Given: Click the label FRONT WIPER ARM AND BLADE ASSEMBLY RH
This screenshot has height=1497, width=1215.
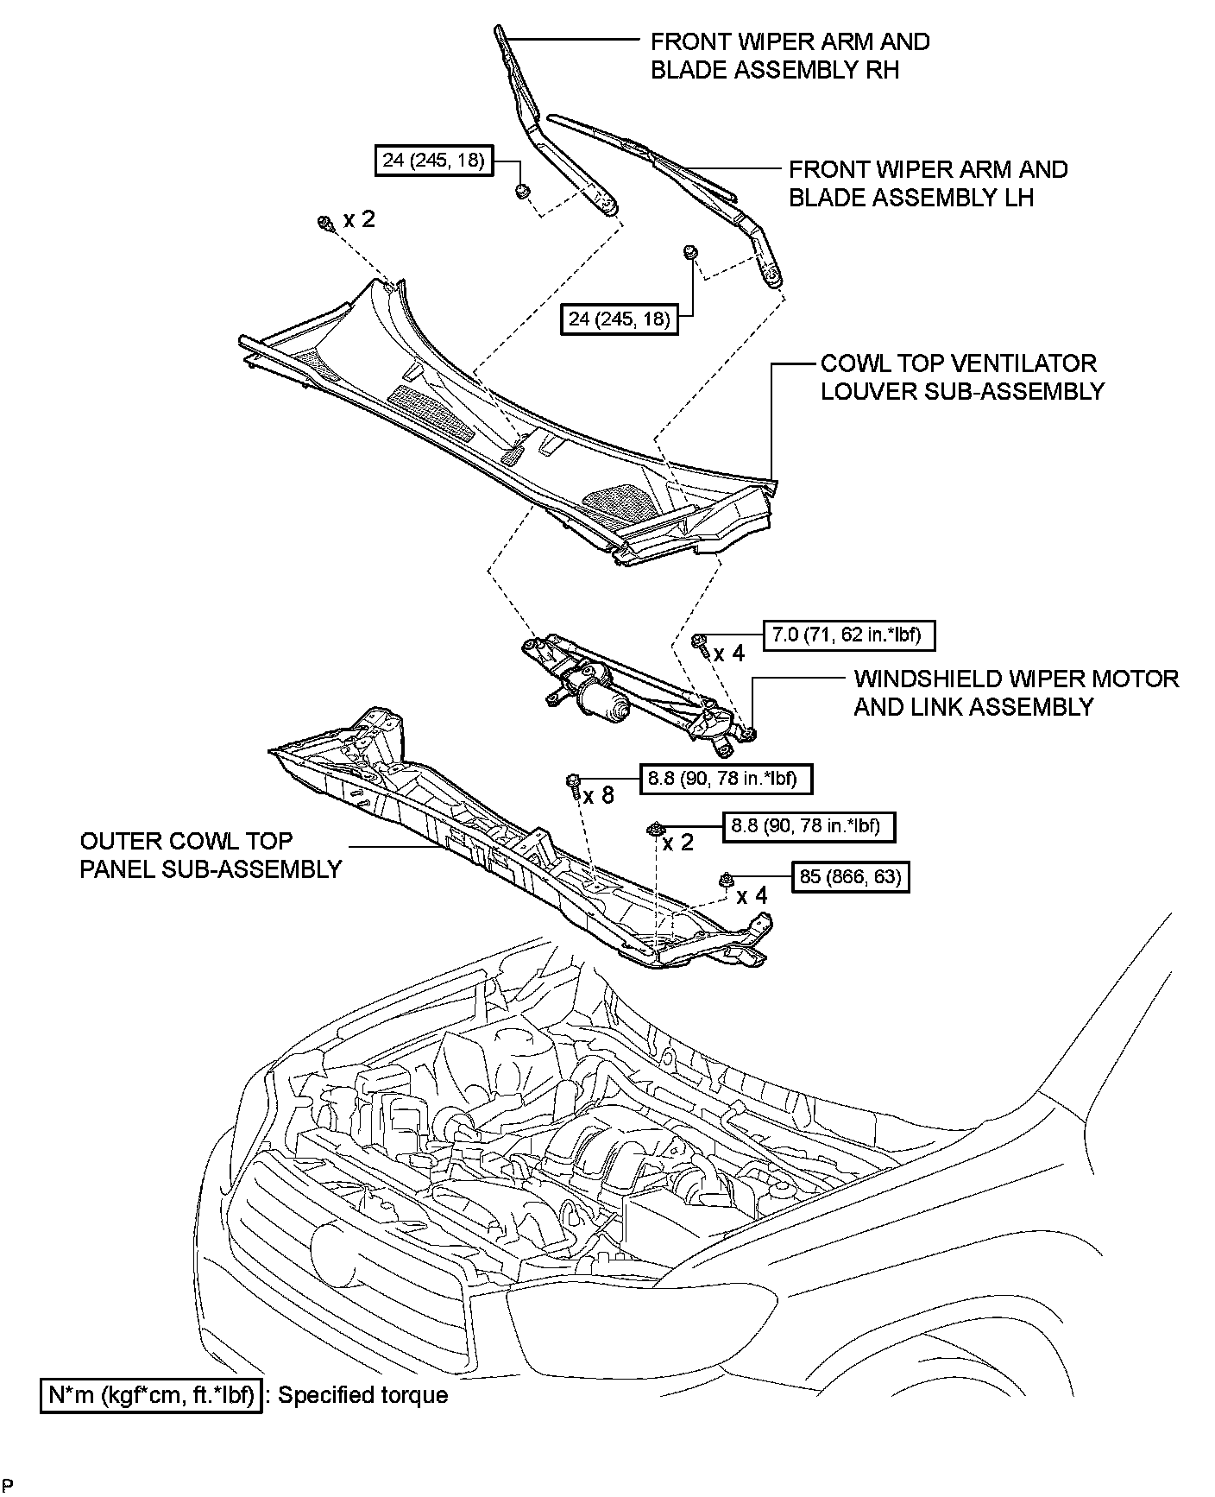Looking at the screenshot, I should (x=790, y=55).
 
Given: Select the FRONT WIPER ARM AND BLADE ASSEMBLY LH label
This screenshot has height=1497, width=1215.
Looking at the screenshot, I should (x=928, y=183).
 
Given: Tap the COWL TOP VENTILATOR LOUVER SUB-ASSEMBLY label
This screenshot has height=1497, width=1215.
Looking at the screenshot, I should (x=961, y=377).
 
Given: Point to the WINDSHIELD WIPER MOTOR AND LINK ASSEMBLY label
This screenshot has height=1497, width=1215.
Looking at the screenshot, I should (x=1016, y=692).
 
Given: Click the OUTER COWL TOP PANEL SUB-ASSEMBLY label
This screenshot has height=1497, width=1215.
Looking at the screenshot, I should (x=211, y=854).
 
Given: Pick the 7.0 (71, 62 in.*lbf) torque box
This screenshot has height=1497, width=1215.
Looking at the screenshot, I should (x=848, y=635).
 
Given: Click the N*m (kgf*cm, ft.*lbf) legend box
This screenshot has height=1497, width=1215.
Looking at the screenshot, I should (x=151, y=1395).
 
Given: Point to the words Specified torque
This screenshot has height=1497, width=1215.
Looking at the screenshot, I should (x=362, y=1395).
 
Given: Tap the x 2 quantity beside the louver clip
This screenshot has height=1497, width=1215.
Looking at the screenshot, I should (x=359, y=219).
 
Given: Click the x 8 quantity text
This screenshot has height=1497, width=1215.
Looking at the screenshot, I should (x=598, y=794).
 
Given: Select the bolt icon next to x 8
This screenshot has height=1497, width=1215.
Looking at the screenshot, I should (x=573, y=782).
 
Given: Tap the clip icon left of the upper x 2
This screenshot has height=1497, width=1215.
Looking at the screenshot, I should (x=326, y=224).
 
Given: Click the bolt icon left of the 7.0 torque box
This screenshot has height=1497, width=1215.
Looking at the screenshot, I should (x=701, y=641).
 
